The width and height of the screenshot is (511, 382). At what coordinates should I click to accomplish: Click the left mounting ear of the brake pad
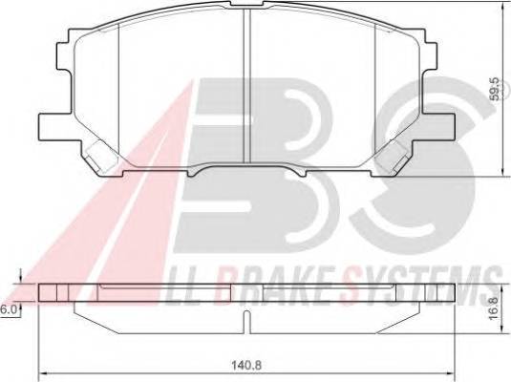(50, 124)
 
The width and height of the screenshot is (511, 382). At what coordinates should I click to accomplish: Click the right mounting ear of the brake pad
(447, 124)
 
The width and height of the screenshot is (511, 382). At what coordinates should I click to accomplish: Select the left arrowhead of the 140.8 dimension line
(43, 369)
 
